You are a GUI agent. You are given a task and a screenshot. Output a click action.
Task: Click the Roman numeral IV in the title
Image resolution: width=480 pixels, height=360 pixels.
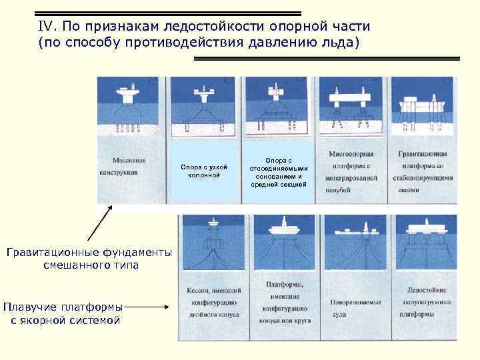[45, 27]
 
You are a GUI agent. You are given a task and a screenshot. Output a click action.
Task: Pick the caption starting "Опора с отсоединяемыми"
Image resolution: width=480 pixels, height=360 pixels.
[279, 172]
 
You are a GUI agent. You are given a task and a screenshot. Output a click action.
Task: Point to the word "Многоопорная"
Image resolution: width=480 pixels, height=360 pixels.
[353, 155]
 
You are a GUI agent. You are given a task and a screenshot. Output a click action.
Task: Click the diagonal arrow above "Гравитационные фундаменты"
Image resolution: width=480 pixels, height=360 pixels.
[99, 223]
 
